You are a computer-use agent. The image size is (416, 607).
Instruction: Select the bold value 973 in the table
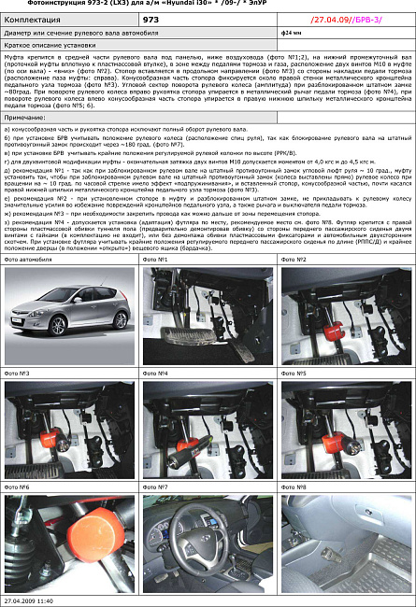[x=151, y=19]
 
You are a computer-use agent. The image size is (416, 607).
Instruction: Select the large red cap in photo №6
[x=75, y=537]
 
